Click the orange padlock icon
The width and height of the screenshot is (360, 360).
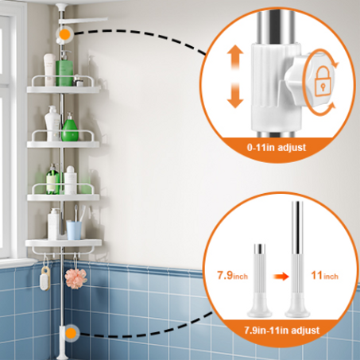[323, 80]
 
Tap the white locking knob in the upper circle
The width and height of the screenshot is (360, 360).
[304, 79]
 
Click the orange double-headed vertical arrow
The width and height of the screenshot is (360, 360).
[235, 76]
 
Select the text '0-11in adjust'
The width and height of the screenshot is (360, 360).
[277, 147]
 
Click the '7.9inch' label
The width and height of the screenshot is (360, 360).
[233, 276]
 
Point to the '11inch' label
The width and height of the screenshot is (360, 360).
[324, 276]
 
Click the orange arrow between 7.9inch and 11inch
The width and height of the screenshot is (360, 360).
[281, 277]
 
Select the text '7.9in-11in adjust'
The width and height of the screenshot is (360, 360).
[281, 331]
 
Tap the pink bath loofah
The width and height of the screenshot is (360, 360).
[75, 278]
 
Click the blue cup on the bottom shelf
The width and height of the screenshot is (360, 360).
[74, 230]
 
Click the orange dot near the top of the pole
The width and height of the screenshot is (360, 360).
[64, 34]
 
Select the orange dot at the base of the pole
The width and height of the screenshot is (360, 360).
[71, 333]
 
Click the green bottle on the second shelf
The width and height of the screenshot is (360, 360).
[70, 128]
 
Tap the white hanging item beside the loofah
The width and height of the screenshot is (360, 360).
[45, 277]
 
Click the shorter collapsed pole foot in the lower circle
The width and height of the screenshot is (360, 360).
[260, 281]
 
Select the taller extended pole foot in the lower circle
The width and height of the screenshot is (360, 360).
[297, 259]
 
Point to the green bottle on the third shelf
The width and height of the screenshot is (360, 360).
[52, 179]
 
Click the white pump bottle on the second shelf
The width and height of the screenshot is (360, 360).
[52, 123]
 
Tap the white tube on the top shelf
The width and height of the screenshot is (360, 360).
[49, 70]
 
